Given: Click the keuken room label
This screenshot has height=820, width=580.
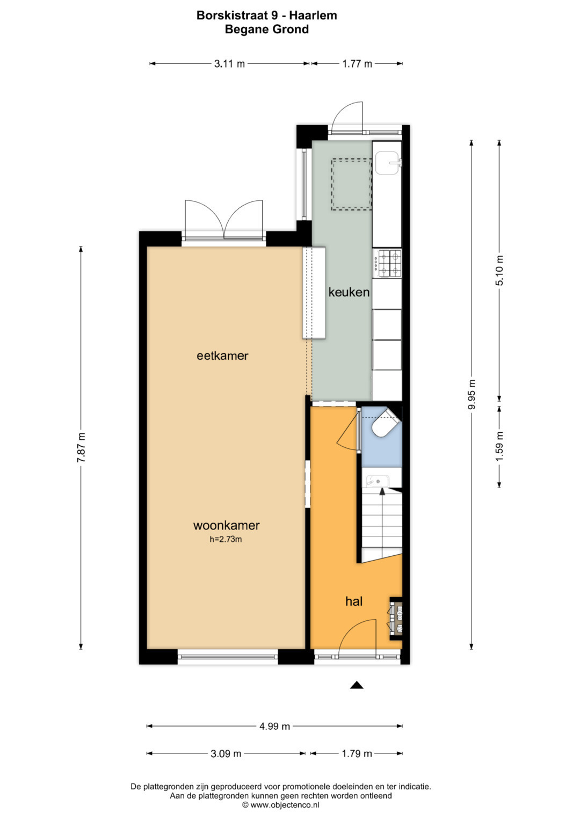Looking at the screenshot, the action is [349, 292].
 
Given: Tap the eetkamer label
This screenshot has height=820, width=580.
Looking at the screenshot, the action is [222, 355].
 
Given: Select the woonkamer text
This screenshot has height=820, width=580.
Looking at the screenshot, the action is [226, 525].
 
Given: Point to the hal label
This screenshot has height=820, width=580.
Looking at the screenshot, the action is [354, 601].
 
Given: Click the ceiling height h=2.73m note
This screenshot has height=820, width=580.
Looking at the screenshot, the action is [226, 539].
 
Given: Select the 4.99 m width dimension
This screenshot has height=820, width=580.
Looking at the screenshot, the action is [274, 726].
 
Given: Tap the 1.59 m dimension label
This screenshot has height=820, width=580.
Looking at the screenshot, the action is [499, 447].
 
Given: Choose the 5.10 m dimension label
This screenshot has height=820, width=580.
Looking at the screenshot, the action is [499, 270].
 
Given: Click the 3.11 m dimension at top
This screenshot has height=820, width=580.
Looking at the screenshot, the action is [229, 64].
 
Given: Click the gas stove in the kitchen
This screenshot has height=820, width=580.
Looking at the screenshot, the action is [387, 263].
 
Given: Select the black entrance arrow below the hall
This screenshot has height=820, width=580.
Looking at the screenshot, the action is [356, 685].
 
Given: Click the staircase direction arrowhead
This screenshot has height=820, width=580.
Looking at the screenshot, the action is [382, 491].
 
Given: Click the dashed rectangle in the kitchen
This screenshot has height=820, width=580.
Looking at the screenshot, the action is [352, 185].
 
